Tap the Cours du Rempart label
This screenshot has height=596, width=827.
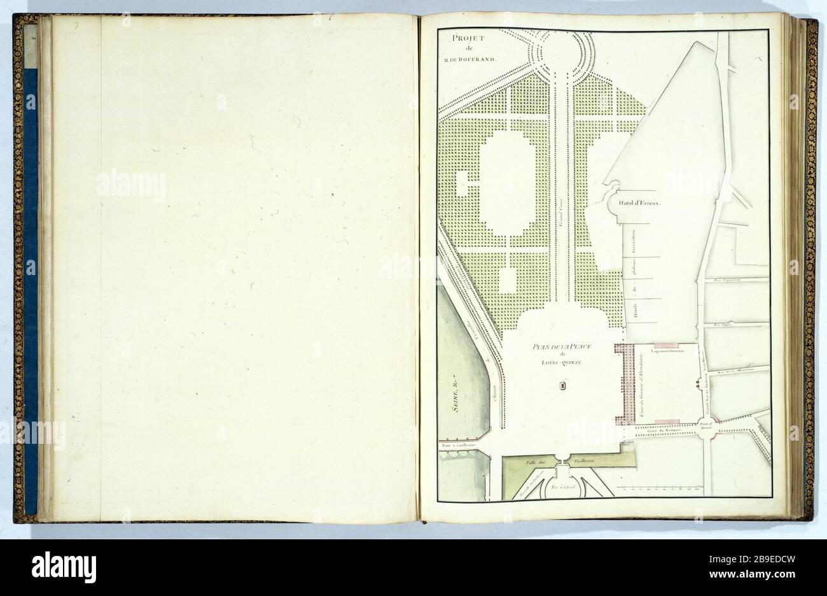(665, 431)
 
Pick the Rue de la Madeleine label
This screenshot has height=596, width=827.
(730, 371)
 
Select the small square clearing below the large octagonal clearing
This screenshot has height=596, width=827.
(508, 279)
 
